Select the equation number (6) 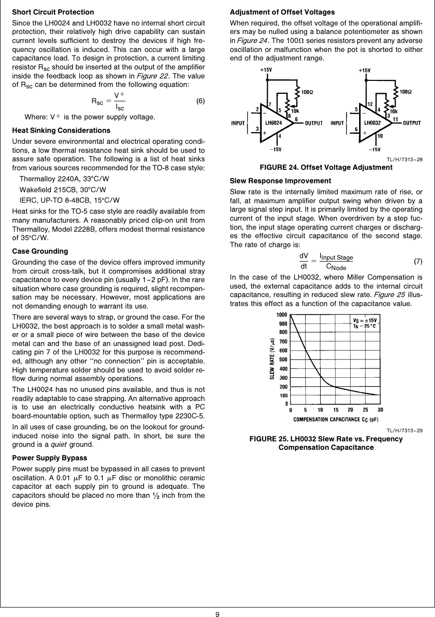[200, 101]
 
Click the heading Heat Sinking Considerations [61, 130]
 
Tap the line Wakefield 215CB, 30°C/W [62, 189]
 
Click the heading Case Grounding [40, 251]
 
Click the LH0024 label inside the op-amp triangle [273, 122]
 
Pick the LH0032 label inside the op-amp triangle [373, 122]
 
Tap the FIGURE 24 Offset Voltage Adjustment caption [326, 167]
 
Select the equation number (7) [418, 262]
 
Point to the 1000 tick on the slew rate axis [282, 314]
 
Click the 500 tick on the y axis [283, 359]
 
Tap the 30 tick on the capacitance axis [381, 410]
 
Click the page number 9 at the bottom [217, 614]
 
